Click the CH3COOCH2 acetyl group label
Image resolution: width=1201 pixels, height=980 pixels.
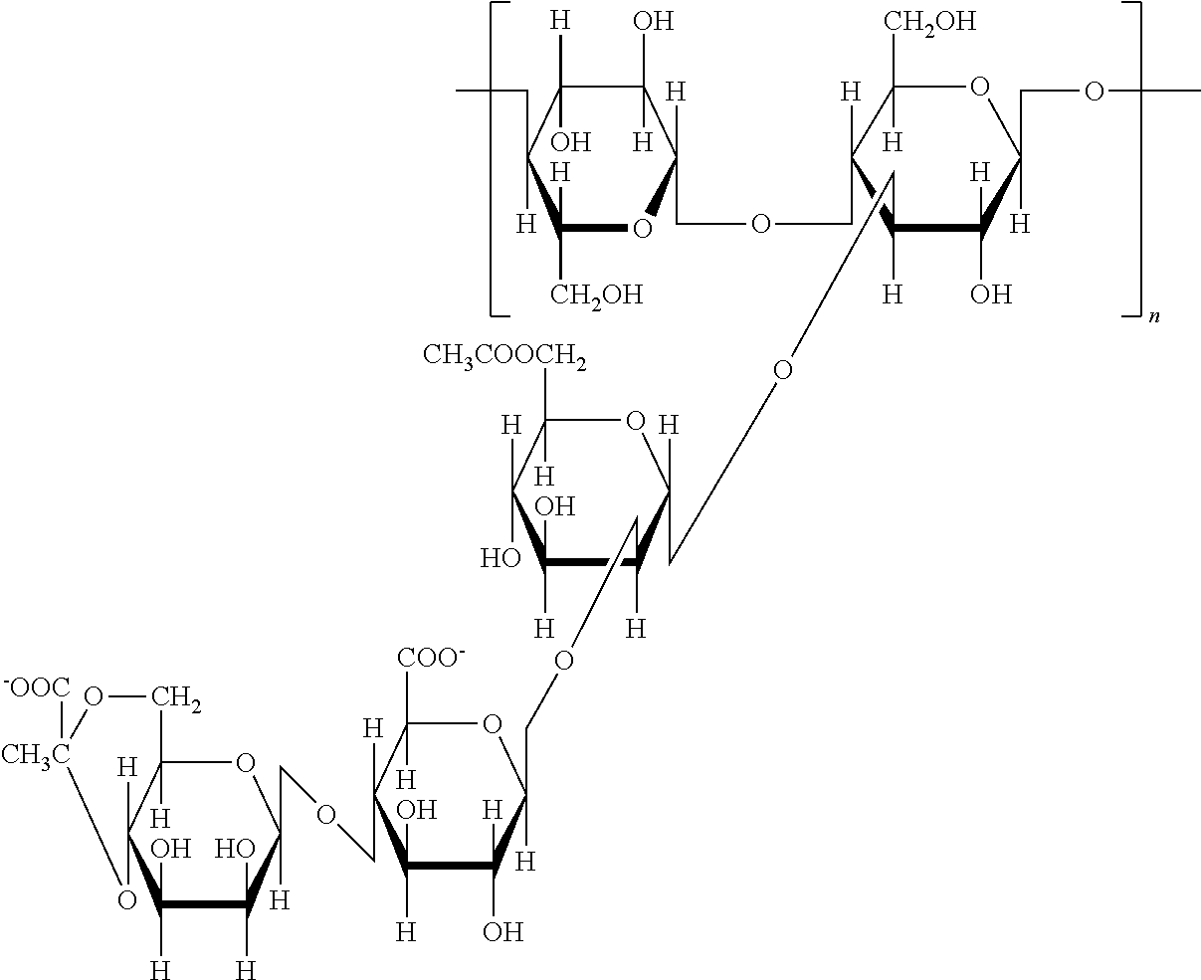[504, 354]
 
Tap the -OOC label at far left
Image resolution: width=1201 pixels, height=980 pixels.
[37, 686]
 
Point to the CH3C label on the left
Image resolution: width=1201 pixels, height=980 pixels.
[36, 754]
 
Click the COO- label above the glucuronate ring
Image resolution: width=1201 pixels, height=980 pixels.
[431, 658]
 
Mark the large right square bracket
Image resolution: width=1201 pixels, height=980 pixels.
[1132, 159]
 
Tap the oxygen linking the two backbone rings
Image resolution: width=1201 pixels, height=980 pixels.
[760, 224]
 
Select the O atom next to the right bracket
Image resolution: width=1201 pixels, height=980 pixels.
[1094, 93]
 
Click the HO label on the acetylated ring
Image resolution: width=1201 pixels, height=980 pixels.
[500, 558]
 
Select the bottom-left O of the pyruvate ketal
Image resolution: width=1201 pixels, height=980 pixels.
[126, 900]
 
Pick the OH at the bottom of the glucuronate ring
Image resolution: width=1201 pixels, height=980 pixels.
[502, 932]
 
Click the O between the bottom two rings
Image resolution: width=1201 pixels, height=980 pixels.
[325, 816]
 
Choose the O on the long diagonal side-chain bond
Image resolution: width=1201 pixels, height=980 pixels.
[783, 371]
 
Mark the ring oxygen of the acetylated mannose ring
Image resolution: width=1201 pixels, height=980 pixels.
[635, 422]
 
